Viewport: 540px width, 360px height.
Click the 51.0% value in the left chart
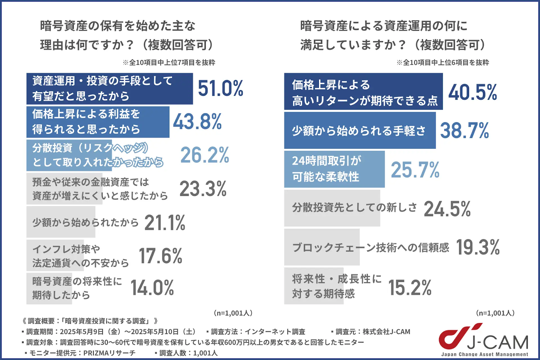[x=220, y=88]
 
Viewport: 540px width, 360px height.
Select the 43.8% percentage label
[x=197, y=122]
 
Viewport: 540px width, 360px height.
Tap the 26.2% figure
[x=205, y=155]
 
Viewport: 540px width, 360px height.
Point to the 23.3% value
[x=203, y=189]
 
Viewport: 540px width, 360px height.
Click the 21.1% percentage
[x=165, y=223]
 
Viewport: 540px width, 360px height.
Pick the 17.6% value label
[x=160, y=256]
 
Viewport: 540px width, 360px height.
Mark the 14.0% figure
[x=152, y=288]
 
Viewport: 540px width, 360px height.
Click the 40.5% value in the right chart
[x=473, y=92]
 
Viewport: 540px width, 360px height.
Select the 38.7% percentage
[x=464, y=131]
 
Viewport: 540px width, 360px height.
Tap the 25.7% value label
[x=415, y=170]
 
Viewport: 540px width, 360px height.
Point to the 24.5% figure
[x=447, y=209]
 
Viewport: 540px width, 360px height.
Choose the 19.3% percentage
[x=478, y=247]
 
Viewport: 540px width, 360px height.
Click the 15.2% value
[x=410, y=288]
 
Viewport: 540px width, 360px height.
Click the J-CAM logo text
[x=497, y=343]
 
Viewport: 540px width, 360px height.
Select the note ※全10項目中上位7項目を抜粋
[x=169, y=62]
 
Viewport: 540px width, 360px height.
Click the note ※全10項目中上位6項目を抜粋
[x=442, y=62]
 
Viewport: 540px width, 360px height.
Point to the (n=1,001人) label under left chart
[x=233, y=313]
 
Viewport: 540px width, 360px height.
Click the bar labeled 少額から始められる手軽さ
[x=359, y=131]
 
